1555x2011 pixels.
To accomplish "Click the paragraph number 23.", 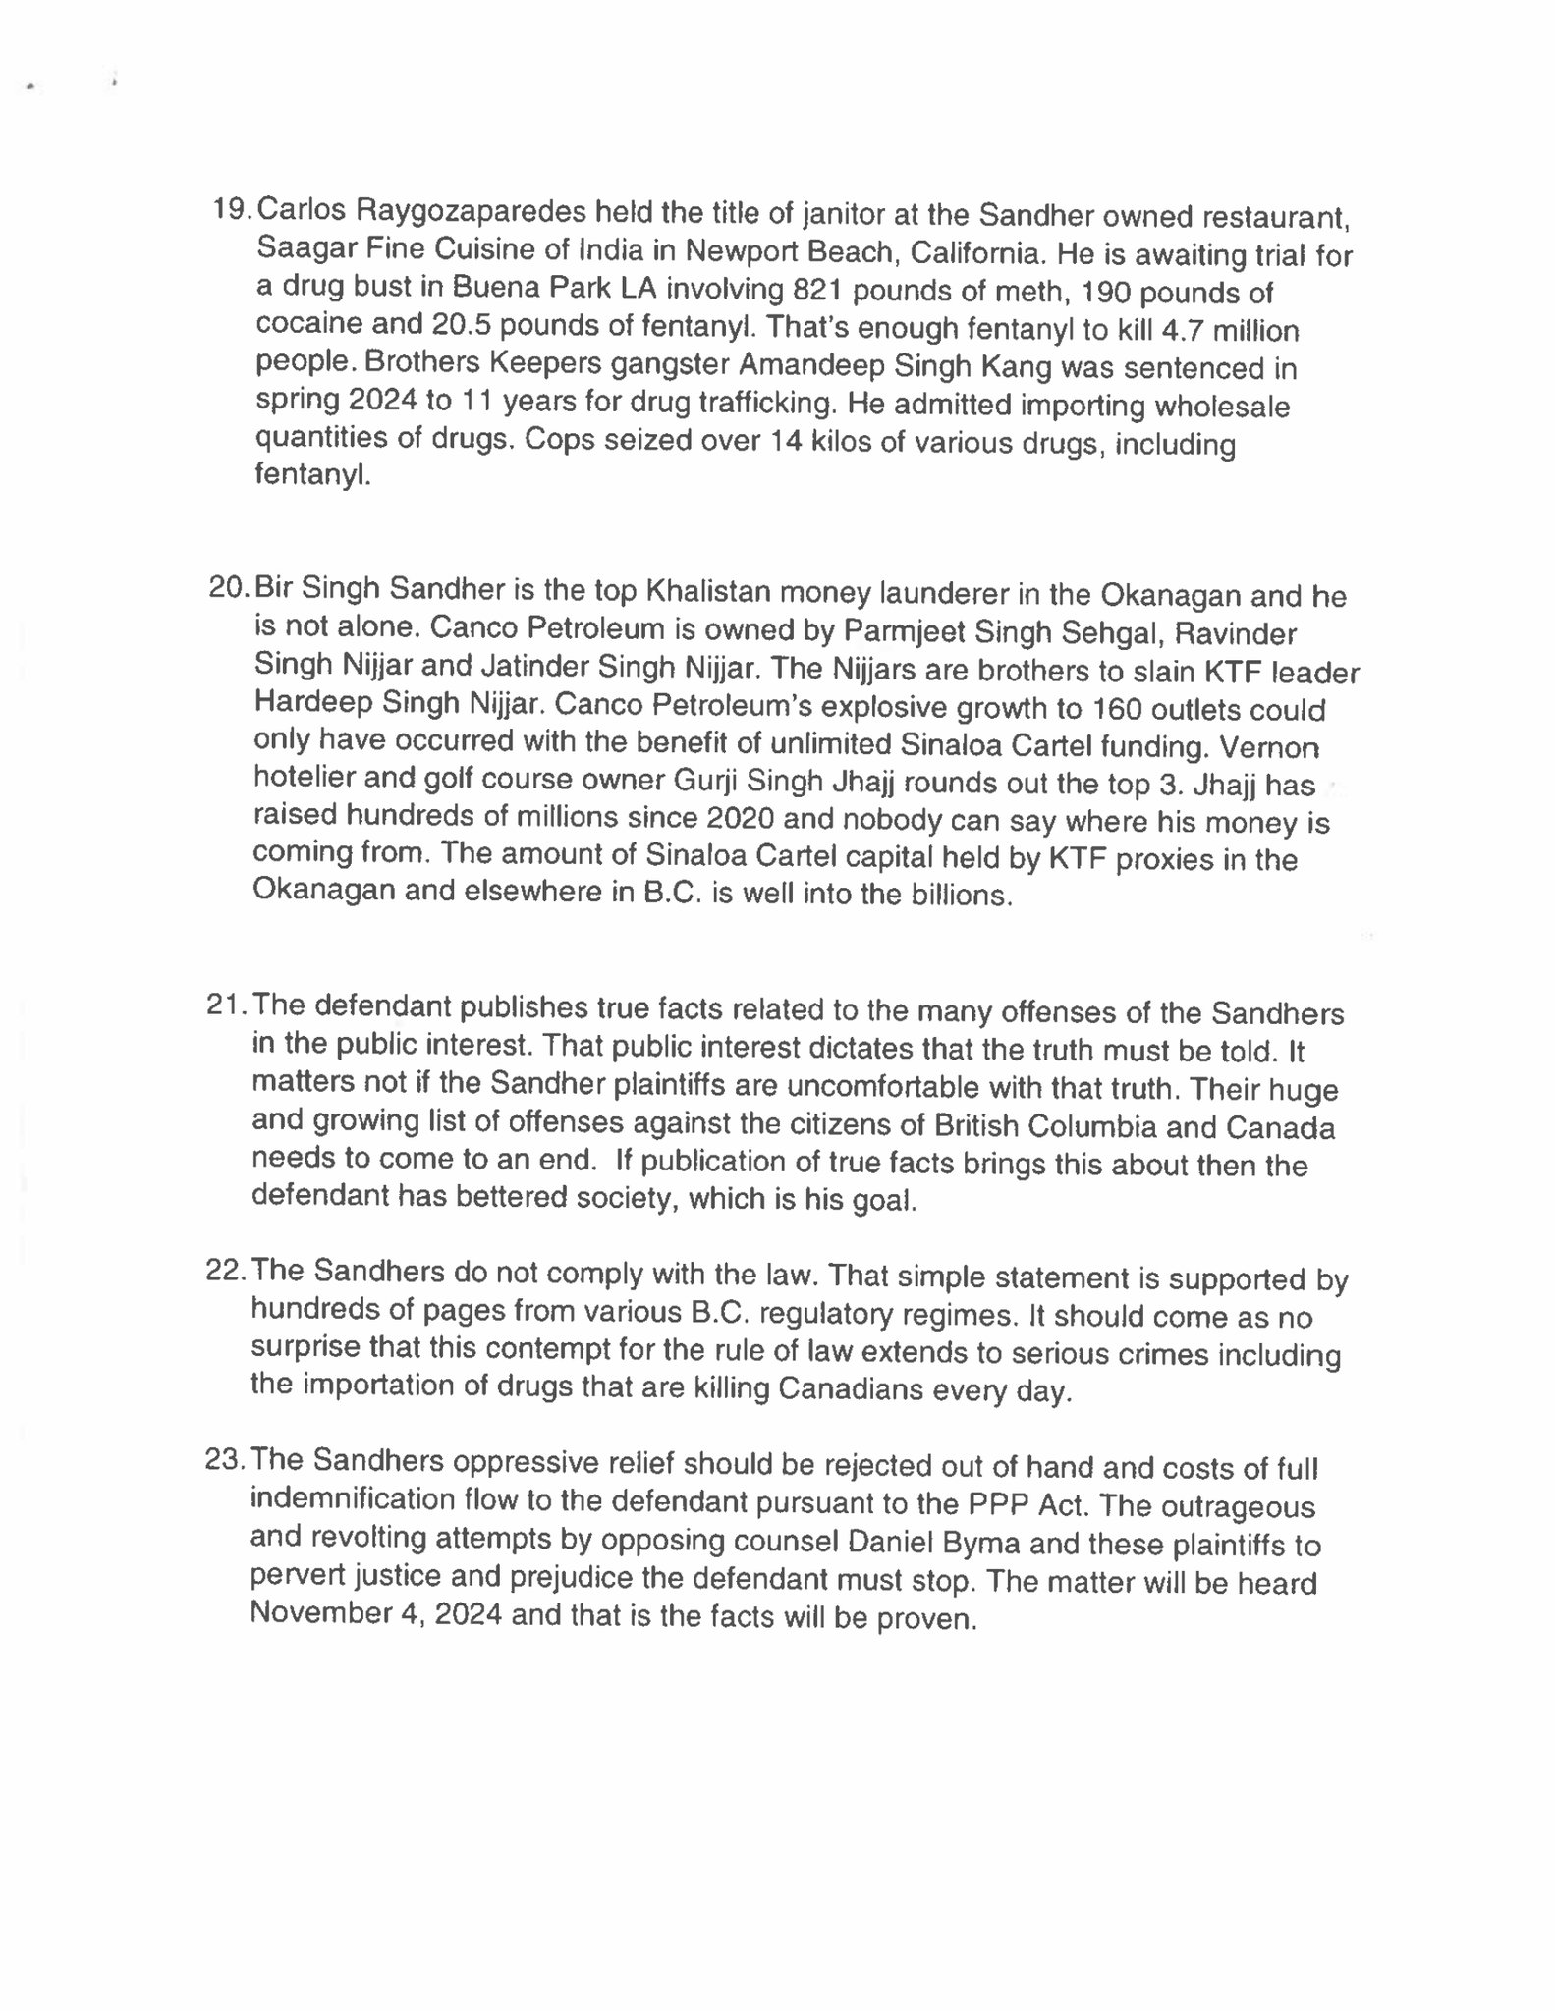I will pos(225,1460).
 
